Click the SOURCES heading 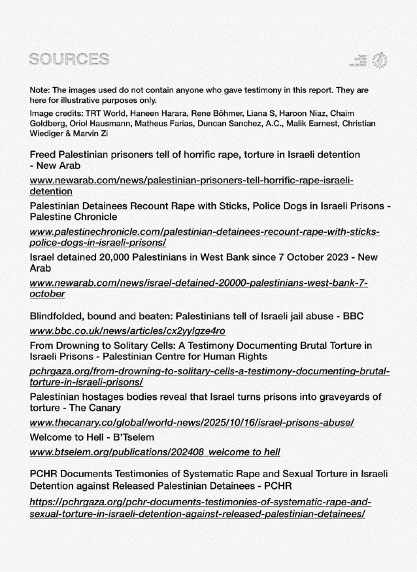point(69,61)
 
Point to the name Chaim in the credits point(361,113)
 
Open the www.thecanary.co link point(192,423)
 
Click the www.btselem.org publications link point(155,452)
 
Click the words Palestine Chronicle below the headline point(74,217)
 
